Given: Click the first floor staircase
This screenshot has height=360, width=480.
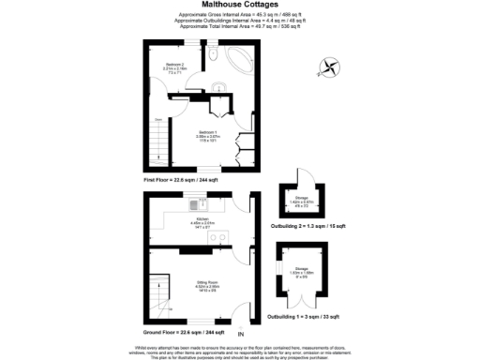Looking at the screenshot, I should pos(158,149).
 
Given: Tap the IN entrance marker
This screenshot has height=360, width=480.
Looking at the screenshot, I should pos(241,334).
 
